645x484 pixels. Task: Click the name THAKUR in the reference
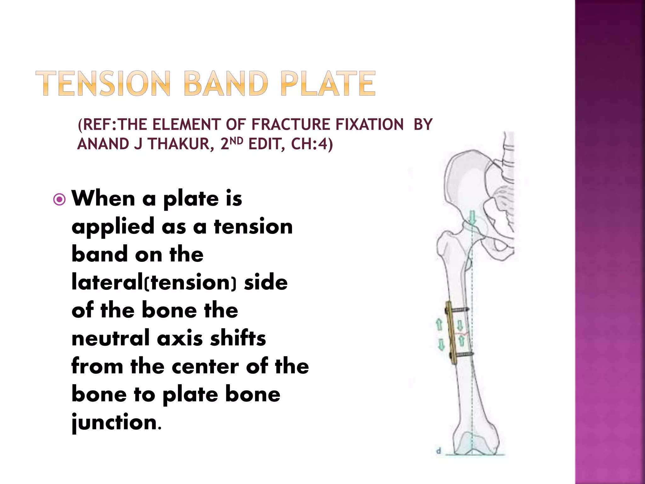[x=178, y=144]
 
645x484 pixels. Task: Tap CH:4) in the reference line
[x=312, y=144]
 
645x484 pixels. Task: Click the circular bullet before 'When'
[x=60, y=199]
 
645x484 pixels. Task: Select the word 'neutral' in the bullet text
[x=110, y=338]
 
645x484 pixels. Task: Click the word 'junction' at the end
[x=114, y=422]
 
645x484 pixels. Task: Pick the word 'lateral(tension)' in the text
[x=154, y=282]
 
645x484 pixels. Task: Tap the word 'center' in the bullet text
[x=205, y=366]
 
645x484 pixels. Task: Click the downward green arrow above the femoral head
[x=472, y=218]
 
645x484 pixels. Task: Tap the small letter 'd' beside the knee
[x=438, y=451]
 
